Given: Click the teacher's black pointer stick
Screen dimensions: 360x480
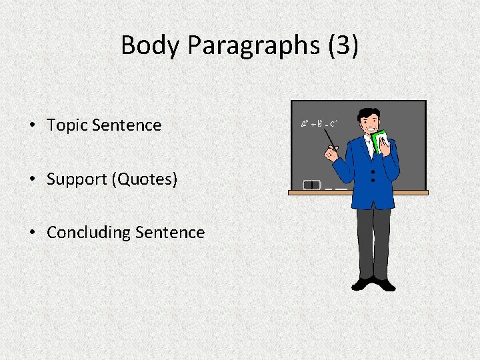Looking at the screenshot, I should [x=329, y=140].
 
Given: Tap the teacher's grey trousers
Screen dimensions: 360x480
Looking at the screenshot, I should [x=373, y=240].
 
